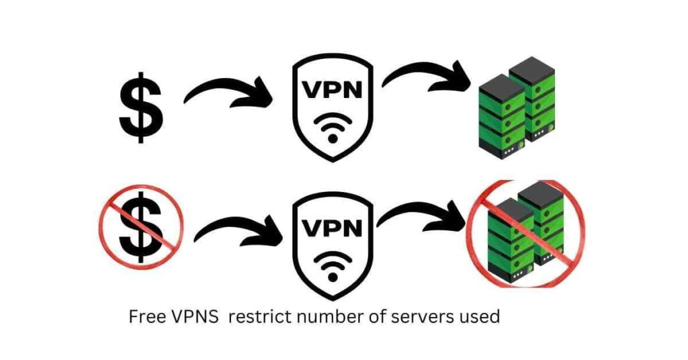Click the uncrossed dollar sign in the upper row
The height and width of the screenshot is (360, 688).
point(140,107)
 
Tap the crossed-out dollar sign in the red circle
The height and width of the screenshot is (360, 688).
point(142,226)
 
